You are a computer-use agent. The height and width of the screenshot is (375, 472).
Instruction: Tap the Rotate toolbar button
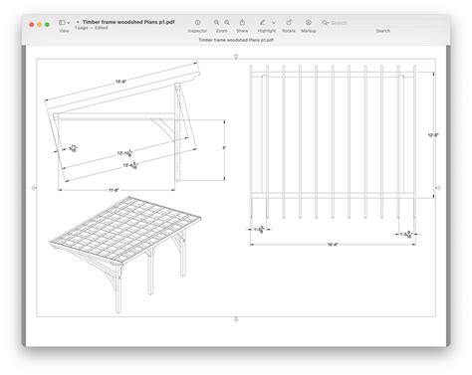[x=289, y=22]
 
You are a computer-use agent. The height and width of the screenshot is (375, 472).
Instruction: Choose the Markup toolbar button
[x=308, y=22]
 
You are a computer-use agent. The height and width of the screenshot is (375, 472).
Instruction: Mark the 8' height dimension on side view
[x=224, y=147]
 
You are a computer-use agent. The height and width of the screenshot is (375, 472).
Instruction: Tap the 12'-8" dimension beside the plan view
[x=433, y=134]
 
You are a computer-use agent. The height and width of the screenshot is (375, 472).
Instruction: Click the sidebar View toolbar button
[x=63, y=22]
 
